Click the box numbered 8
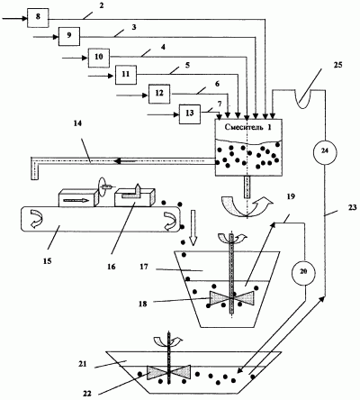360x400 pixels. point(38,18)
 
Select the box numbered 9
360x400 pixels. point(69,36)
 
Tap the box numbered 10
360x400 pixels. point(98,58)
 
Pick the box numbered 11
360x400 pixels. point(126,75)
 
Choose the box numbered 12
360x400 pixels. point(159,94)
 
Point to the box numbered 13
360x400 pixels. point(190,114)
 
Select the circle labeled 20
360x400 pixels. point(304,271)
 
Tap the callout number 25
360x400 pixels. point(337,65)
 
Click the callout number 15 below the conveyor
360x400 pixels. point(48,260)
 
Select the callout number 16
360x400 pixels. point(111,266)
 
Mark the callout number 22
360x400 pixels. point(87,393)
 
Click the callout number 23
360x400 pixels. point(352,207)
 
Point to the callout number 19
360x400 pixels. point(291,196)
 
